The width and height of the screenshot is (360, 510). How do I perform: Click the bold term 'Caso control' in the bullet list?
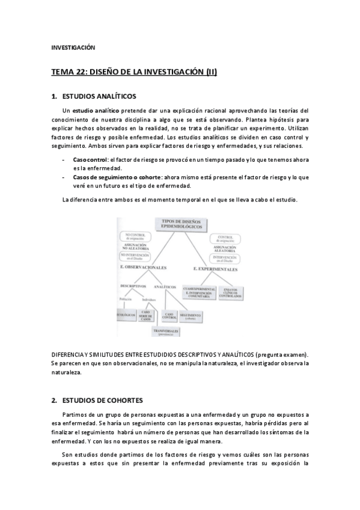[x=91, y=159]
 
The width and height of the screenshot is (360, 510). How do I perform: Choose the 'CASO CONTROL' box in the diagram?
[x=169, y=315]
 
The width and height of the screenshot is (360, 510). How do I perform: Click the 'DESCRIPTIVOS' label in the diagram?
[x=133, y=286]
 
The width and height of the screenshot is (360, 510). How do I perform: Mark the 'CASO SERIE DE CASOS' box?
[x=145, y=315]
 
